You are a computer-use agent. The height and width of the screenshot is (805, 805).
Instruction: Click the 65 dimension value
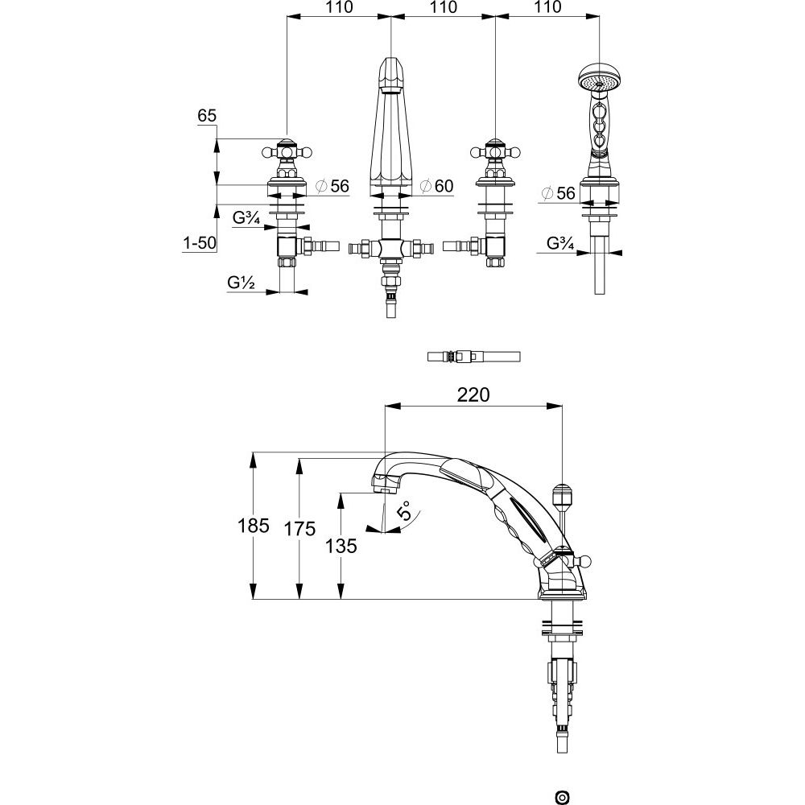(207, 117)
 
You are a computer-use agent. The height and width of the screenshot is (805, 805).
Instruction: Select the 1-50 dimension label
(199, 243)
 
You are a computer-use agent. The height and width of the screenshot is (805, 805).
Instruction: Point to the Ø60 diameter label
(436, 187)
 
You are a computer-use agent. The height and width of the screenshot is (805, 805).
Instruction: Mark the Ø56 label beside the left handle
(332, 187)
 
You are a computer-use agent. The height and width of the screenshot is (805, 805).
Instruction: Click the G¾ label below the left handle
(246, 217)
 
